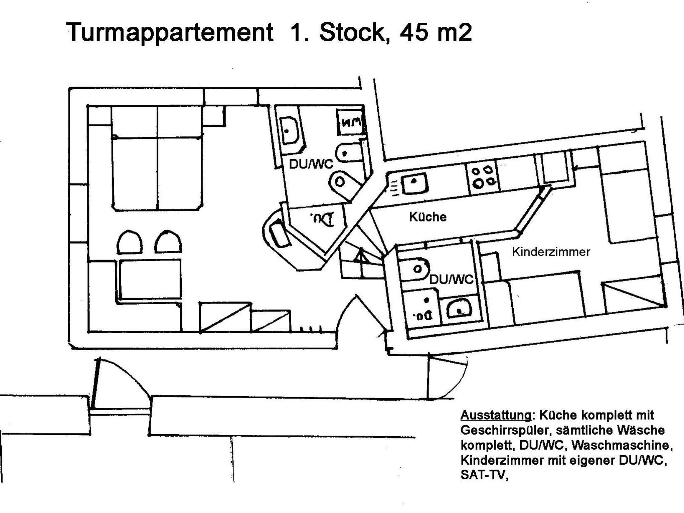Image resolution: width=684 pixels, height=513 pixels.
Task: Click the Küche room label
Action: (427, 217)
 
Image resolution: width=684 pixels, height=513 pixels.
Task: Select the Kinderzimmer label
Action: (551, 252)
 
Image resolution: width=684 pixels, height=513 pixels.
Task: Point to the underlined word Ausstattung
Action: (495, 415)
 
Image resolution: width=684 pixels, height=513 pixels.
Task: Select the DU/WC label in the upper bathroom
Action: (311, 164)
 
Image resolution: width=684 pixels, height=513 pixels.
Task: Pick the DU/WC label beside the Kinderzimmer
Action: (451, 279)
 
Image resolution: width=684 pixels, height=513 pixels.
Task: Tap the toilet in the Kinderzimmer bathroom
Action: (414, 269)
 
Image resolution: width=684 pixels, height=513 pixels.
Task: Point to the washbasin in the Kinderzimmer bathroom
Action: (459, 309)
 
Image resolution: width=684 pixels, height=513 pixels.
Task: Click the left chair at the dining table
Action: (130, 241)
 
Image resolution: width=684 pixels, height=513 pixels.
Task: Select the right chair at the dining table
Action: (168, 241)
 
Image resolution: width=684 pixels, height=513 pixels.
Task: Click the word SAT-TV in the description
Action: (484, 475)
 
